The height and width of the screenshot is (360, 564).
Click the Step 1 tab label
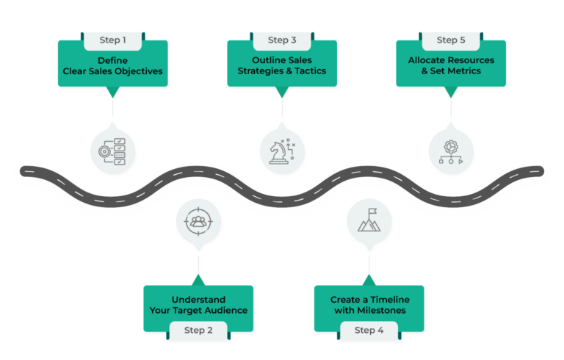pyautogui.click(x=113, y=40)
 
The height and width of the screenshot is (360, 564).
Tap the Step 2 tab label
pyautogui.click(x=199, y=330)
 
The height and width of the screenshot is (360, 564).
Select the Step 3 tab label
pyautogui.click(x=282, y=40)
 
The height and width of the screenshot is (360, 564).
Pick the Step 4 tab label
pyautogui.click(x=369, y=330)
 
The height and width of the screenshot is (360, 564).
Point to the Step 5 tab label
pyautogui.click(x=451, y=40)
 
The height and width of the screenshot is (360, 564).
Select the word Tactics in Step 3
pyautogui.click(x=308, y=71)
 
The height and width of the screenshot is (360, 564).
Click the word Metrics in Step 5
pyautogui.click(x=470, y=71)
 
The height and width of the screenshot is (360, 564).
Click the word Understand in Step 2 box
pyautogui.click(x=199, y=299)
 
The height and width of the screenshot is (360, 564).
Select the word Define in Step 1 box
pyautogui.click(x=113, y=59)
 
